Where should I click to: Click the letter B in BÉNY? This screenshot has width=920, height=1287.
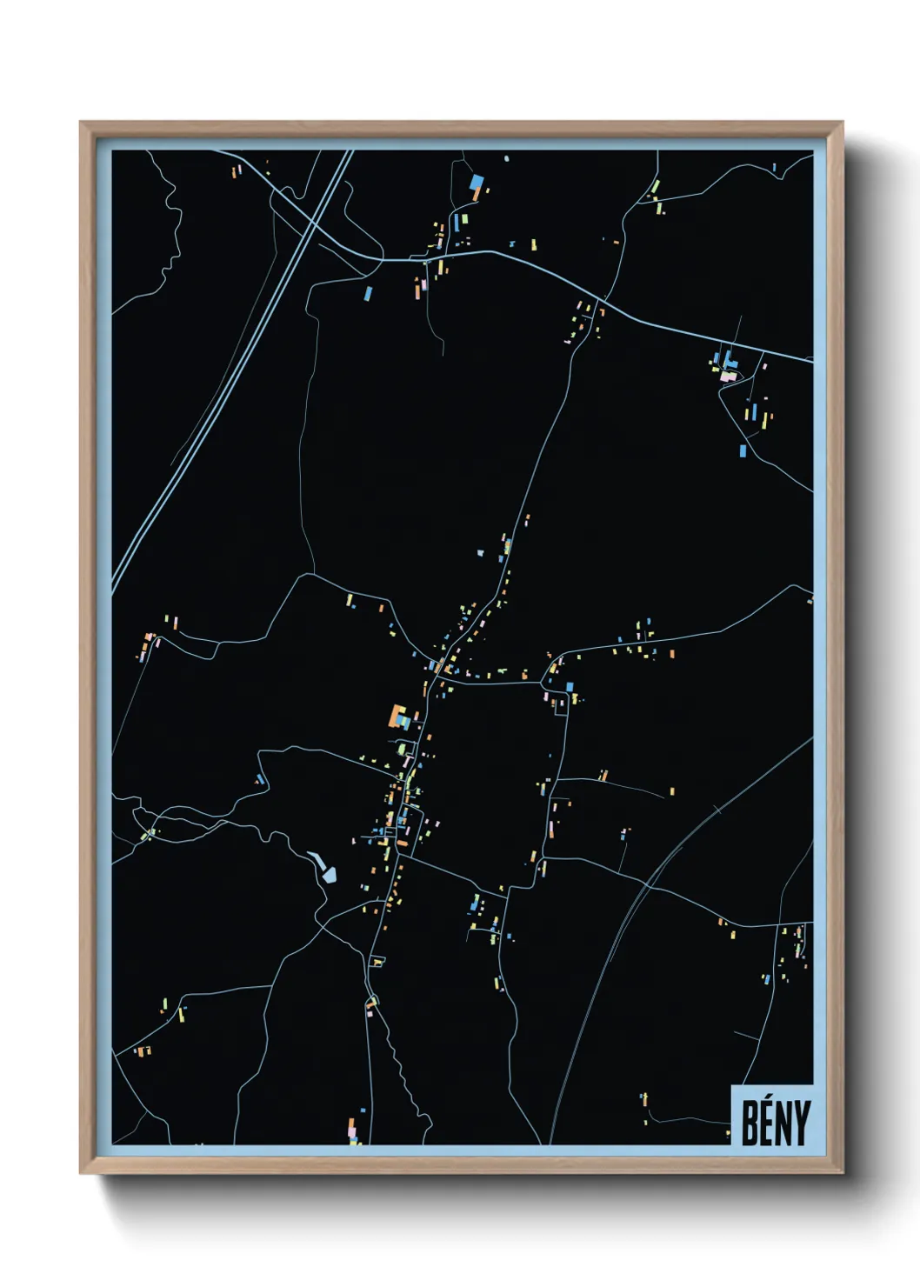[750, 1123]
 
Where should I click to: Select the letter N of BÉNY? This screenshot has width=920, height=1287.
[783, 1123]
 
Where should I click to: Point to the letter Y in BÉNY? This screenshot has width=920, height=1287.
[801, 1123]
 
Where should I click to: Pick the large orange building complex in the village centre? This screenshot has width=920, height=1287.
[398, 717]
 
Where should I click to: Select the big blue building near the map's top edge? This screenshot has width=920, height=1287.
[476, 183]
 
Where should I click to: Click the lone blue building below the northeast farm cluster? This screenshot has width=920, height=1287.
[743, 450]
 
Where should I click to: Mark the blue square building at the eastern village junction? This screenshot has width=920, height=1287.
[570, 687]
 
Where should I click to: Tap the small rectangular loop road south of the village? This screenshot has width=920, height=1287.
[377, 961]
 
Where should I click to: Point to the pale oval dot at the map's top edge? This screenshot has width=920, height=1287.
[506, 158]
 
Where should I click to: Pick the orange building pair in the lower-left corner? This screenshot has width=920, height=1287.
[142, 1051]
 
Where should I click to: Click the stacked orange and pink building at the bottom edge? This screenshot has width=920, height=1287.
[352, 1130]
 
